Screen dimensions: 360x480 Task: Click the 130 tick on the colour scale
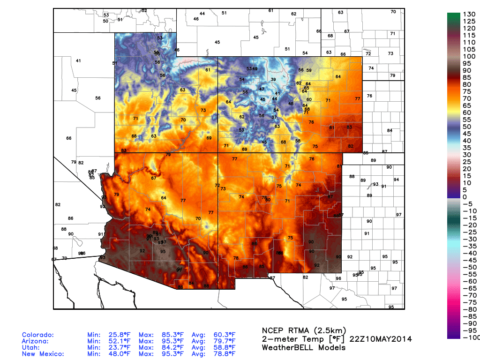pos(469,14)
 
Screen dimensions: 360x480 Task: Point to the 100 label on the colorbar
pos(469,56)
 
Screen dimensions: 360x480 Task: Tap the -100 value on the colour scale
pos(470,337)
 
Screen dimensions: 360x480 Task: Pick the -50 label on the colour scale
pos(470,267)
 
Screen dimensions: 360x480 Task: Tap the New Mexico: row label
pos(44,354)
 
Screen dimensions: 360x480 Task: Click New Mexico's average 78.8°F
pos(225,354)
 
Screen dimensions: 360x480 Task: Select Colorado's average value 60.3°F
pos(225,335)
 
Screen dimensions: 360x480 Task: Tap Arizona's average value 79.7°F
pos(225,341)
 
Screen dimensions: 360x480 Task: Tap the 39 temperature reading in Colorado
pos(273,80)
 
